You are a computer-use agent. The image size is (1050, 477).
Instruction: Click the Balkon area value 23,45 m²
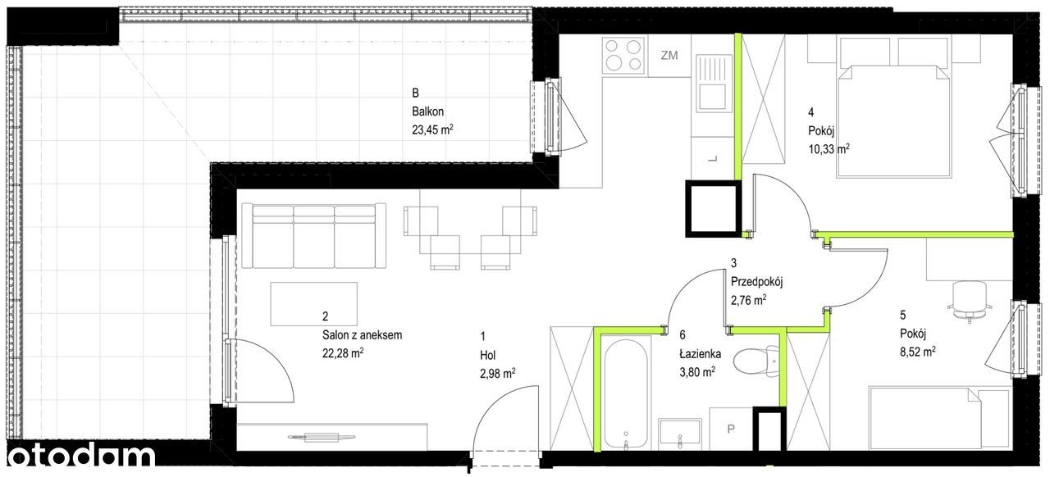click(432, 129)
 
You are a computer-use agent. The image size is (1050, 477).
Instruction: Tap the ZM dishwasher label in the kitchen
click(669, 55)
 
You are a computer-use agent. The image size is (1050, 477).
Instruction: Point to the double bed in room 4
click(894, 121)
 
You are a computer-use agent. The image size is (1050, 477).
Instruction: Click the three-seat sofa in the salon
click(314, 236)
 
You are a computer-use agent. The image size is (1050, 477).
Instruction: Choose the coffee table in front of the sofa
click(313, 303)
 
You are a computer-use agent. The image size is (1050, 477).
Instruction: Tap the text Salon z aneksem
click(362, 335)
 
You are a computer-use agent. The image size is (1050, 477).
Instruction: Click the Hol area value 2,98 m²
click(497, 374)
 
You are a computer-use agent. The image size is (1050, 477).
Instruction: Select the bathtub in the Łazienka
click(626, 393)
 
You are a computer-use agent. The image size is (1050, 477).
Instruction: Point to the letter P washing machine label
click(731, 429)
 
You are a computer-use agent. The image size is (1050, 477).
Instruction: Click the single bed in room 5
click(939, 418)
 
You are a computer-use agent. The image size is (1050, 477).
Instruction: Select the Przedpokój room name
click(756, 282)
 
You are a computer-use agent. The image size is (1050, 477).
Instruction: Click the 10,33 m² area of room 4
click(829, 149)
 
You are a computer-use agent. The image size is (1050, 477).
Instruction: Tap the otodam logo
click(80, 457)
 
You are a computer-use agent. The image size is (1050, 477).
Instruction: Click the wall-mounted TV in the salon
click(321, 437)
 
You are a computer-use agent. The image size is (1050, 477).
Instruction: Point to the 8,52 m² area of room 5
click(917, 352)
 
